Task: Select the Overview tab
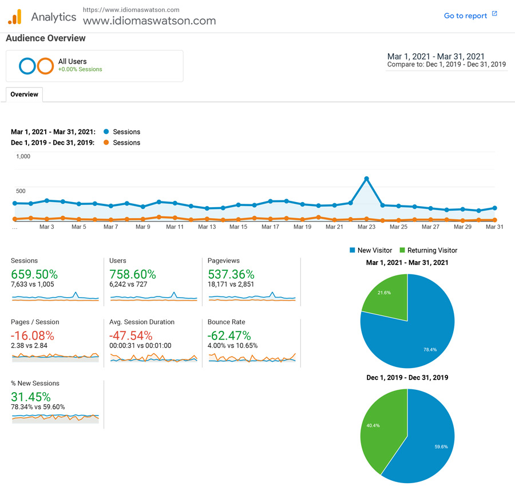click(24, 94)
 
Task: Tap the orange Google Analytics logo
click(14, 17)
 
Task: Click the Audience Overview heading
click(46, 38)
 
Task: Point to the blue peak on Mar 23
click(366, 179)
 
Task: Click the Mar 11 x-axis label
click(175, 227)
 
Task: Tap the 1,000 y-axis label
click(23, 156)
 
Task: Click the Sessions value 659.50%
click(34, 274)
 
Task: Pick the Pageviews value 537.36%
click(231, 274)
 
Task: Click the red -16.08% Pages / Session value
click(33, 335)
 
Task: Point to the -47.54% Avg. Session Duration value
click(131, 335)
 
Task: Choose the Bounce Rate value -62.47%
click(229, 335)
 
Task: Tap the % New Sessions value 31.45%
click(31, 397)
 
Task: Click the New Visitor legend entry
click(370, 250)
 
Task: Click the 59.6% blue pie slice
click(429, 441)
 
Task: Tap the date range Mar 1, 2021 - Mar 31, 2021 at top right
click(435, 57)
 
